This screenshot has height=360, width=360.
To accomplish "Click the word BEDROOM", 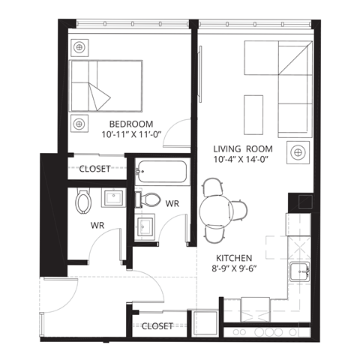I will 131,124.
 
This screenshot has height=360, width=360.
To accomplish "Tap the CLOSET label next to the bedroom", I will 95,169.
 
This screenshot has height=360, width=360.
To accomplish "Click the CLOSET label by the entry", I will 157,326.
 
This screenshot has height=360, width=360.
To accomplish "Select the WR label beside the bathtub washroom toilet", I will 172,203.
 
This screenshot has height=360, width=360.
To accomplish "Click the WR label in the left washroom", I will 97,224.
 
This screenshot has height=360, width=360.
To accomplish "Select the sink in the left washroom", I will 113,199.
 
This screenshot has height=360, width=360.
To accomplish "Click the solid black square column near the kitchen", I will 299,200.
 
